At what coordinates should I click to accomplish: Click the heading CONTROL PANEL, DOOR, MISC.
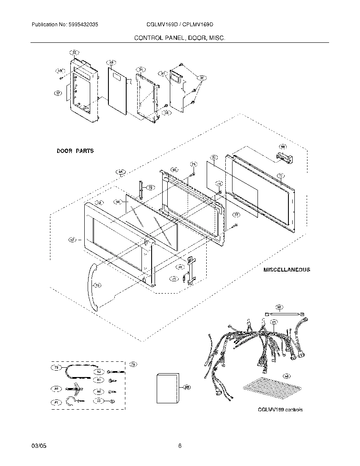(180, 38)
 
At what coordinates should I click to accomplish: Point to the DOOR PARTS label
(75, 151)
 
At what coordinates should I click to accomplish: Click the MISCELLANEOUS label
(286, 269)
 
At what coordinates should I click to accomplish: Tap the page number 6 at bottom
(180, 446)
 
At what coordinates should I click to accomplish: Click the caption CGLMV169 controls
(280, 410)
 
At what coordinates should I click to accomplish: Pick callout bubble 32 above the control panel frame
(74, 53)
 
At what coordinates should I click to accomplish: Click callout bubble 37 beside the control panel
(58, 93)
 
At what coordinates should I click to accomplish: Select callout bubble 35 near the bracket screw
(166, 113)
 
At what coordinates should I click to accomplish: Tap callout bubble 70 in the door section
(150, 187)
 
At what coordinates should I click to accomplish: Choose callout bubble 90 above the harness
(279, 307)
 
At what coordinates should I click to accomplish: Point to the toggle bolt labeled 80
(74, 388)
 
